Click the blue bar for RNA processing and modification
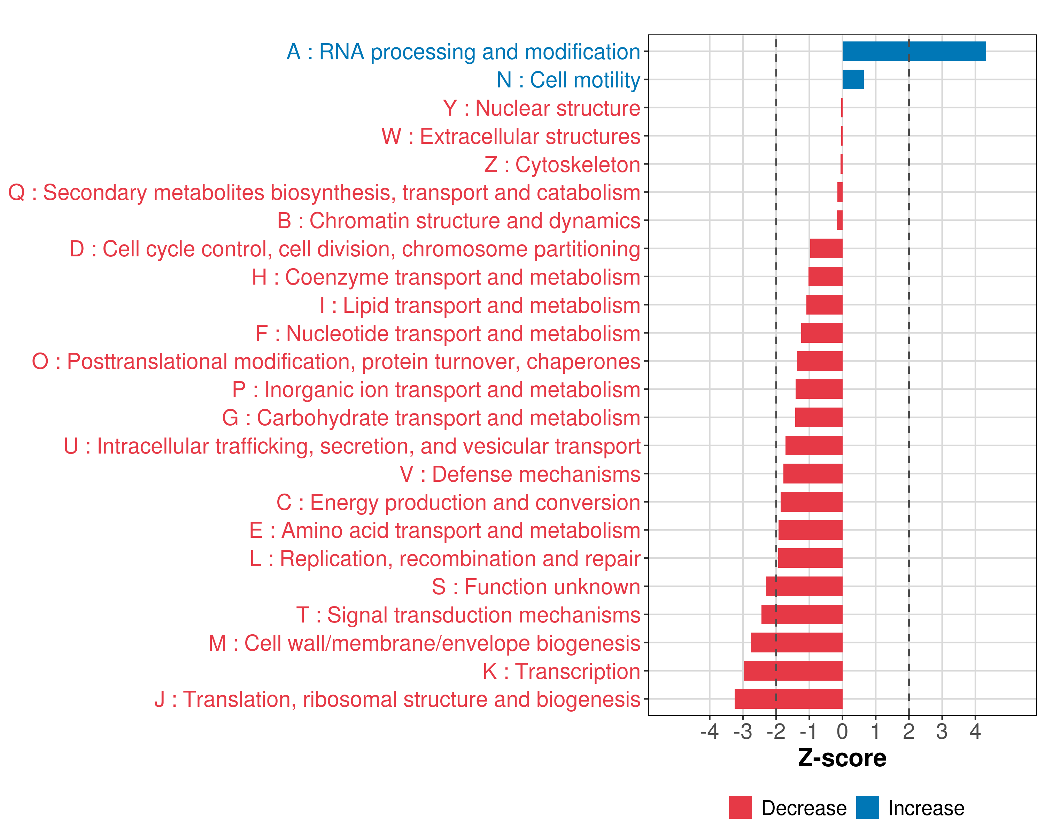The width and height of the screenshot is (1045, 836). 914,51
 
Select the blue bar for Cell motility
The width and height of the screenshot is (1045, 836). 853,79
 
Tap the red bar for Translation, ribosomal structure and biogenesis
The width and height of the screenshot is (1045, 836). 788,699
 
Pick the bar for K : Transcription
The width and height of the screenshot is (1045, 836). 792,671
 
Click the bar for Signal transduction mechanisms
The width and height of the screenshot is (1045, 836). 802,614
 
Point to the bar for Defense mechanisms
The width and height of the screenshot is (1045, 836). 813,473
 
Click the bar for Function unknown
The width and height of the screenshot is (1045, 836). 804,586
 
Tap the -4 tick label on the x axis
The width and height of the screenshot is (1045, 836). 709,731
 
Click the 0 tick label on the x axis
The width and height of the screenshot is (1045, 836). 842,731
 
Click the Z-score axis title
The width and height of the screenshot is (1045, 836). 842,758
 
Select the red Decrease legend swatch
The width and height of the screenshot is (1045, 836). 740,807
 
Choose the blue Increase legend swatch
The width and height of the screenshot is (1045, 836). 867,807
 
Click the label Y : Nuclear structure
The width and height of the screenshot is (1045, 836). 541,108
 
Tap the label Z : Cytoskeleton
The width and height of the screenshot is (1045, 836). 562,164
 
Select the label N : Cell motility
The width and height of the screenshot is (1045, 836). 568,80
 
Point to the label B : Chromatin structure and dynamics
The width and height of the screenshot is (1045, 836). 458,221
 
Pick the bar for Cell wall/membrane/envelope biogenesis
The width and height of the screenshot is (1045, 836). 796,643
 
